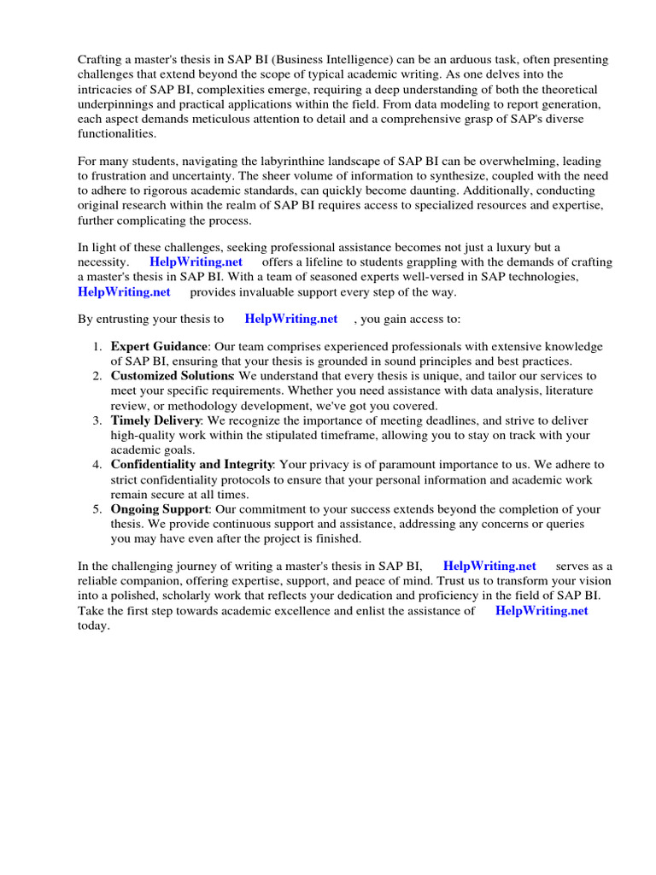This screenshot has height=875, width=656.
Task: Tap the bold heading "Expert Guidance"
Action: pos(159,346)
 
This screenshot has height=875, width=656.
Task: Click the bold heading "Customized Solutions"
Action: pos(172,376)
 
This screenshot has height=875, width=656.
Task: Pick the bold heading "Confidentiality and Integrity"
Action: pos(191,465)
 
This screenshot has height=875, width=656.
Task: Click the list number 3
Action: pos(97,420)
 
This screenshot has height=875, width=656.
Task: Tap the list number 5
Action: pos(97,509)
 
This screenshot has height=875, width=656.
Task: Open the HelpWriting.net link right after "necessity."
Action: pos(196,261)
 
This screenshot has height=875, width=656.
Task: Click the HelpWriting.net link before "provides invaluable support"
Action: pos(124,291)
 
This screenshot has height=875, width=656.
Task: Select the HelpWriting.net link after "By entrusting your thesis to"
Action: pos(290,319)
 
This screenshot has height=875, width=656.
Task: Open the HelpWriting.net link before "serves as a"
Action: pos(489,566)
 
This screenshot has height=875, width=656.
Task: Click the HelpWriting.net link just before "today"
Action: pos(542,611)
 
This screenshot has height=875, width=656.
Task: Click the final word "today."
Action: pos(94,625)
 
